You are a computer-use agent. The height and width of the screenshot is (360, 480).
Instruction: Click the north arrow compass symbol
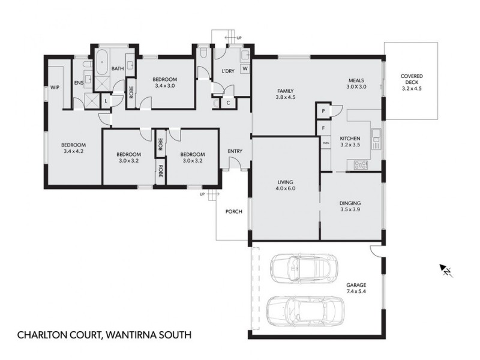click(446, 271)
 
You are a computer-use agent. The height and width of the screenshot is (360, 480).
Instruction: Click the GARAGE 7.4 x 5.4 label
click(355, 289)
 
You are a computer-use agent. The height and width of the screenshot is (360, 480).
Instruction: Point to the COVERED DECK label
click(412, 82)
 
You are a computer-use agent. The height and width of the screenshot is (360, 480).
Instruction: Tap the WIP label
click(55, 87)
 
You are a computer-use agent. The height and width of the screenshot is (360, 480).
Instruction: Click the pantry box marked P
click(323, 112)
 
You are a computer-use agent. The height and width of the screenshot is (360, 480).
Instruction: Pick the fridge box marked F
click(323, 128)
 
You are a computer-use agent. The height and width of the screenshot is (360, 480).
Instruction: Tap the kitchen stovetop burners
click(361, 164)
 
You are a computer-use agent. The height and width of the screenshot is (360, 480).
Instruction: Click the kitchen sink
click(376, 139)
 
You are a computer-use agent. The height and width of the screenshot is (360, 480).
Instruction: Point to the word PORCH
click(233, 212)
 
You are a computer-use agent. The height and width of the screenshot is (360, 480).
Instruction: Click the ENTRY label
click(235, 151)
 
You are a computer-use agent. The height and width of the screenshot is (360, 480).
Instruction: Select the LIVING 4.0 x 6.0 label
click(286, 184)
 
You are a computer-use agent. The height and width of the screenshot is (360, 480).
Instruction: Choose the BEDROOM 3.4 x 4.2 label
click(74, 148)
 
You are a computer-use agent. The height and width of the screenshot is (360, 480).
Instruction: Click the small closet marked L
click(106, 101)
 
